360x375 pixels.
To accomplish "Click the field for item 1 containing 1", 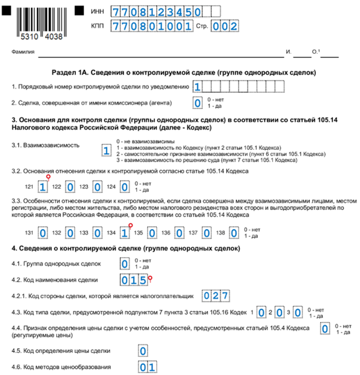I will point(197,87).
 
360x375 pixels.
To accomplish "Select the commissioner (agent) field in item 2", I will point(197,103).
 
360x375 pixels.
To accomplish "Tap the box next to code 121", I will point(42,186).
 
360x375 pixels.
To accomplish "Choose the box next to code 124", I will point(124,186).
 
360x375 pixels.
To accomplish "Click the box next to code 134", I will point(124,231).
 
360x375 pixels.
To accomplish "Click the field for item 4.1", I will point(124,264).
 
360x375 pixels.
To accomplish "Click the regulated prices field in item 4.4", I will point(325,328).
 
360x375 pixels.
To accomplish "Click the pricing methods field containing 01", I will point(148,366).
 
